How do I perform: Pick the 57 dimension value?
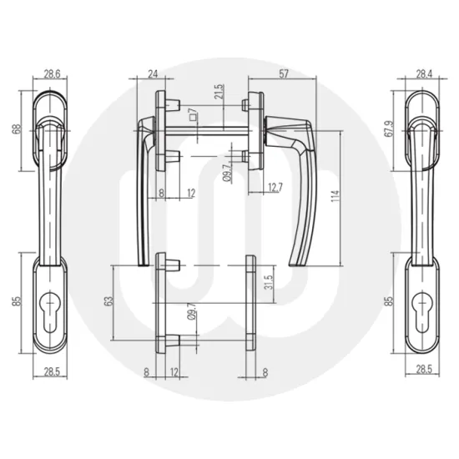[x=284, y=73]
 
